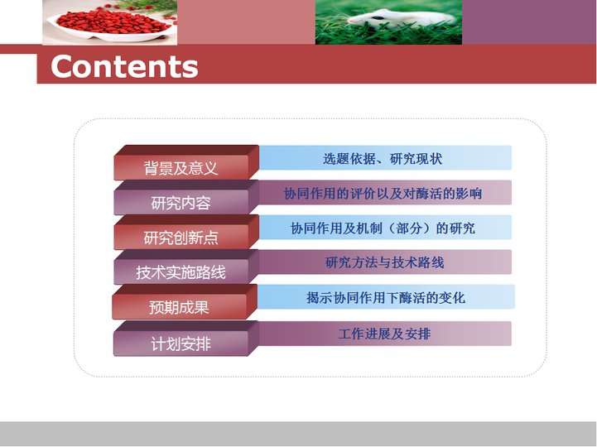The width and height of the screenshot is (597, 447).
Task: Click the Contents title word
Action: (124, 66)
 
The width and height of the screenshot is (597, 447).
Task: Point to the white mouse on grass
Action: (401, 19)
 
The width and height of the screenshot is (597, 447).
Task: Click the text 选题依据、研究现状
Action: (383, 158)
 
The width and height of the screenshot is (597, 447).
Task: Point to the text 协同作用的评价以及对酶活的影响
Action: (383, 194)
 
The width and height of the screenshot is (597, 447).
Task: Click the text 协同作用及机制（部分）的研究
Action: (383, 228)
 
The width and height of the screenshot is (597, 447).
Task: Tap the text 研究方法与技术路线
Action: (384, 262)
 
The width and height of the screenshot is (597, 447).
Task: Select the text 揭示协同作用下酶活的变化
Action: (386, 297)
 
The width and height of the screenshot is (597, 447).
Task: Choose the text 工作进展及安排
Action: (384, 334)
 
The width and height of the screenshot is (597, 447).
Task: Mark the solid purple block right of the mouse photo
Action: (529, 22)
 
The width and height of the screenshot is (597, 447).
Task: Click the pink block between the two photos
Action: (246, 22)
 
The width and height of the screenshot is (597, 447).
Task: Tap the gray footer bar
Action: (298, 433)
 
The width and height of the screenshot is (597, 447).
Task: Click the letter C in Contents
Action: (62, 66)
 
